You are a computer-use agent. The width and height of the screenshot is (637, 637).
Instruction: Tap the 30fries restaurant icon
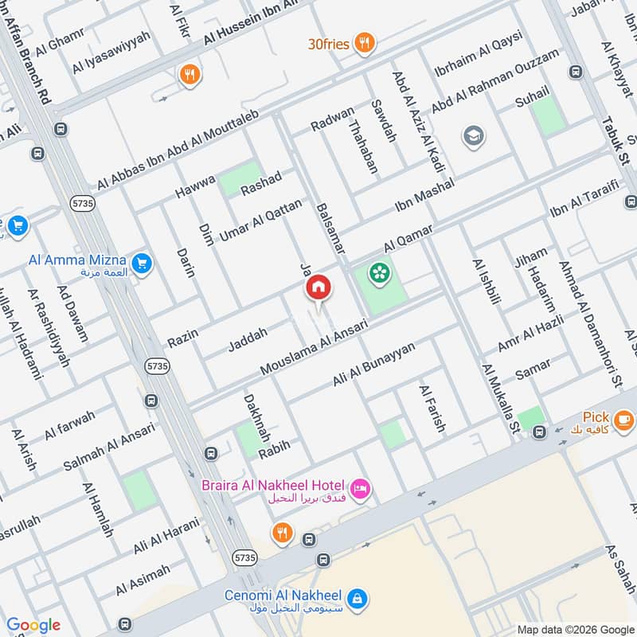pyautogui.click(x=365, y=43)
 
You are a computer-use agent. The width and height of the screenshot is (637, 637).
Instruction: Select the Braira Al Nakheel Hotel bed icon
pyautogui.click(x=359, y=489)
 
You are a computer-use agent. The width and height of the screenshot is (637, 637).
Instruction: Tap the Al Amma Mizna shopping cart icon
pyautogui.click(x=142, y=261)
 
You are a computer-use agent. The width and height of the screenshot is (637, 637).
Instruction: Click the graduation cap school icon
pyautogui.click(x=472, y=136)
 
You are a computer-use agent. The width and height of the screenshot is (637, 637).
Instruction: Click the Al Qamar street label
pyautogui.click(x=408, y=236)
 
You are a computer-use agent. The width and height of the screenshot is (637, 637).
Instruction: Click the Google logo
pyautogui.click(x=33, y=625)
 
